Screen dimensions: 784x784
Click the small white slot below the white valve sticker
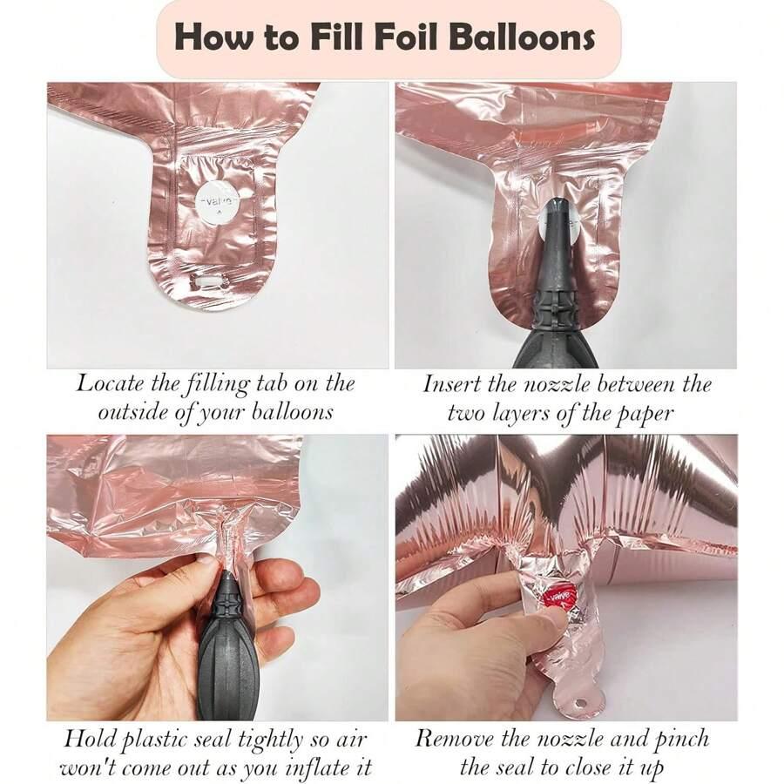point(207,283)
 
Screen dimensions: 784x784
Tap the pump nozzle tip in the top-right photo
point(557,202)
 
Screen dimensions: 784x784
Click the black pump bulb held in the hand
point(227,665)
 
